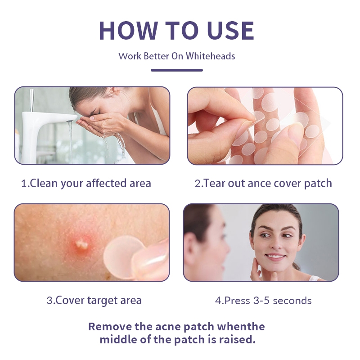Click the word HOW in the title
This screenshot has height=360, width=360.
pos(128,31)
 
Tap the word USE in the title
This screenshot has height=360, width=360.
pos(230,31)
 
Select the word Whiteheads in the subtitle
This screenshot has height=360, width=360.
pos(210,56)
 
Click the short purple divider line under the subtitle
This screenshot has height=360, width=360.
pos(177,70)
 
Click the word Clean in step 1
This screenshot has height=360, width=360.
pos(44,183)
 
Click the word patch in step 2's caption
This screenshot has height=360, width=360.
pos(318,184)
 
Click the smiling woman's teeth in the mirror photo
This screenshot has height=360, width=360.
pos(275,256)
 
